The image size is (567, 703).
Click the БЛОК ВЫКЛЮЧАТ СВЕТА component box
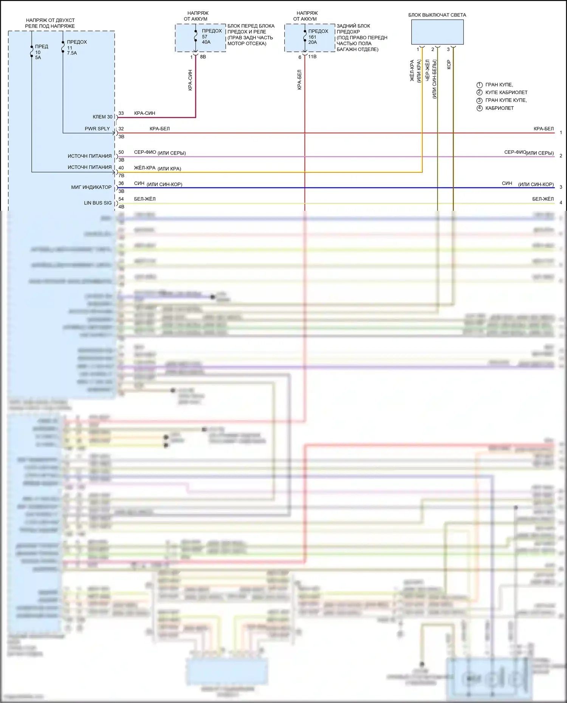click(x=437, y=32)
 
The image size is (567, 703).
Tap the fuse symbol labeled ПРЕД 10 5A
click(x=32, y=52)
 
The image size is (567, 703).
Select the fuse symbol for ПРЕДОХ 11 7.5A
click(x=63, y=47)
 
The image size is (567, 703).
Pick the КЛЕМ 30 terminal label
click(x=102, y=117)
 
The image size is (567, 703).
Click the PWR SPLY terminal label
click(x=97, y=128)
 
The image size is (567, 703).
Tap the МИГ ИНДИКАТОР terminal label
click(x=91, y=187)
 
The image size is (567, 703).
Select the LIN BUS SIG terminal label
click(x=98, y=203)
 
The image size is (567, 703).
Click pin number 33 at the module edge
click(x=121, y=113)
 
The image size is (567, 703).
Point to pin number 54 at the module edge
click(x=121, y=199)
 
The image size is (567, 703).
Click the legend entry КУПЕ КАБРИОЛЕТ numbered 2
click(x=506, y=92)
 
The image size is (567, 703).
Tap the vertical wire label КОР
click(x=449, y=65)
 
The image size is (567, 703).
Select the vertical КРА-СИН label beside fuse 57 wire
click(x=190, y=80)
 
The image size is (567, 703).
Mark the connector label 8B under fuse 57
click(x=203, y=57)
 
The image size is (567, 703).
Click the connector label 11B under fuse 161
click(x=312, y=57)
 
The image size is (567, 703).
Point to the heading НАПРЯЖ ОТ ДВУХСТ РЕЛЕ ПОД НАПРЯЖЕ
click(x=50, y=23)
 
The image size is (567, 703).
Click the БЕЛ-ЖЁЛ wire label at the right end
click(x=543, y=199)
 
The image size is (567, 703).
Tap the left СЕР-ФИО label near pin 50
click(x=145, y=152)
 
